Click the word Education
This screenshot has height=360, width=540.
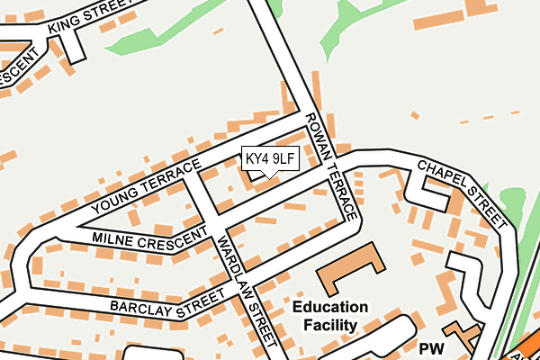pos(329,307)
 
